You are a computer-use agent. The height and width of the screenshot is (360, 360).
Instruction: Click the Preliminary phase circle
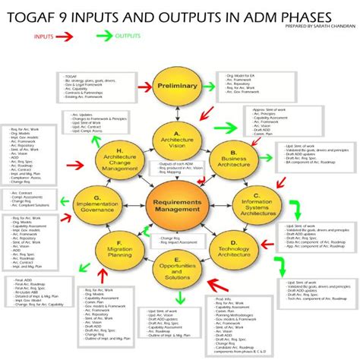pyautogui.click(x=176, y=87)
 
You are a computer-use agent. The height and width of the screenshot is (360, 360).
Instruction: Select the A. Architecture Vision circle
pyautogui.click(x=176, y=138)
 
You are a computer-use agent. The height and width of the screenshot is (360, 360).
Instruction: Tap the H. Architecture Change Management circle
pyautogui.click(x=118, y=152)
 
